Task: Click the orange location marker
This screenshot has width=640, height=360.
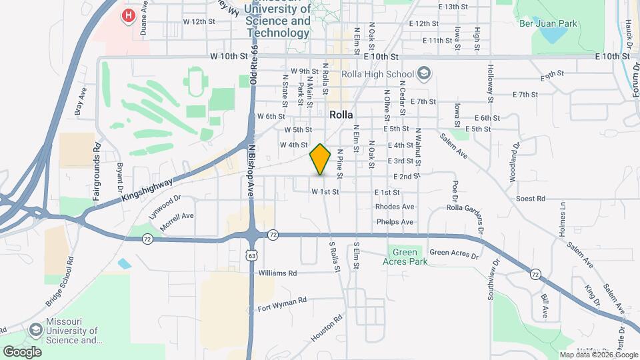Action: pyautogui.click(x=321, y=159)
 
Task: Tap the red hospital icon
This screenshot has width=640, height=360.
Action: pyautogui.click(x=127, y=15)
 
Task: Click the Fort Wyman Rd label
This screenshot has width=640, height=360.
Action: pyautogui.click(x=282, y=303)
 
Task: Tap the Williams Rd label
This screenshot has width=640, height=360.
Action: pyautogui.click(x=287, y=273)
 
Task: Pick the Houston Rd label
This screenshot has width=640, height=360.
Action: pyautogui.click(x=326, y=328)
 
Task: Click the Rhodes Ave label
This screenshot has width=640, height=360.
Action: pyautogui.click(x=395, y=207)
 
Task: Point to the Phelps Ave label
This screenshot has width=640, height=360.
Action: pyautogui.click(x=395, y=222)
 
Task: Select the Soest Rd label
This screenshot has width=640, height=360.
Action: pyautogui.click(x=531, y=199)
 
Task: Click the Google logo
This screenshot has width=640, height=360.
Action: pyautogui.click(x=21, y=351)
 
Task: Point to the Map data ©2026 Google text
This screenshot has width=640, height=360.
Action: pyautogui.click(x=598, y=355)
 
